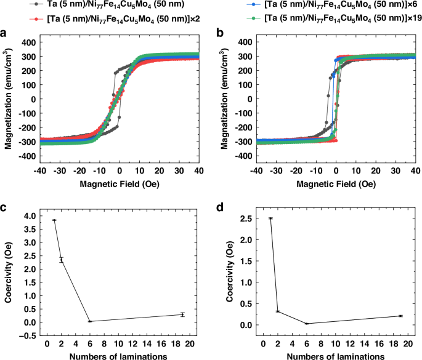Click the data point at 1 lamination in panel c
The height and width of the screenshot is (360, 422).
(54, 220)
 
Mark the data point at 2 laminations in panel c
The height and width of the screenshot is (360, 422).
(61, 260)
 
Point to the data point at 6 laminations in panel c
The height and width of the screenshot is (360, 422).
(90, 321)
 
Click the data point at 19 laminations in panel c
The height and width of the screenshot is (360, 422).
(182, 314)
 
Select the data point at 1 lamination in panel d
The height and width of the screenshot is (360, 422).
(270, 218)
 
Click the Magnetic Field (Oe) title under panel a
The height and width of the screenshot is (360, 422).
(112, 184)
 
